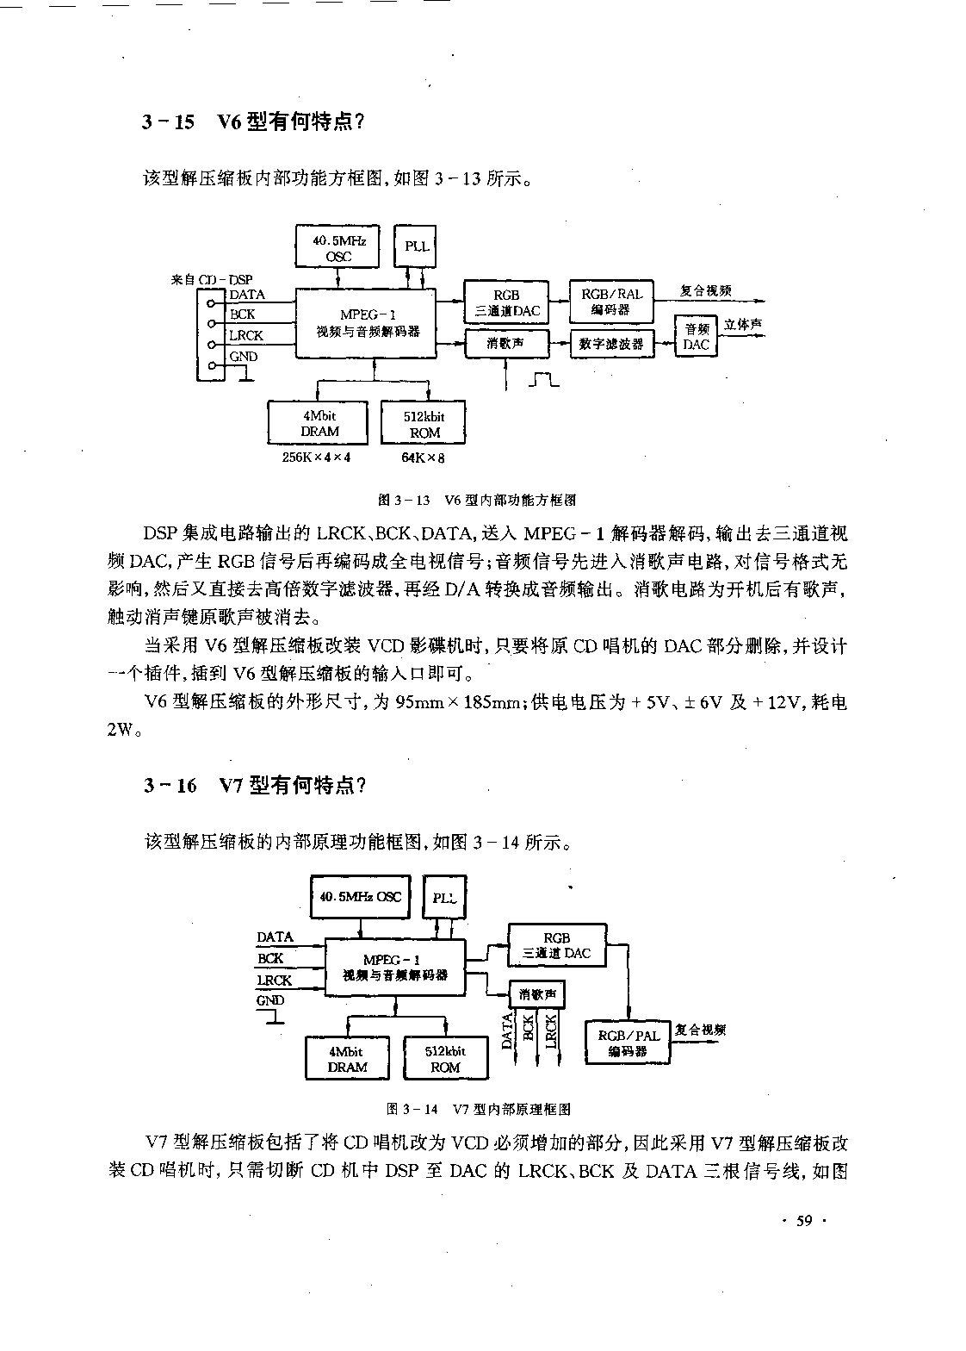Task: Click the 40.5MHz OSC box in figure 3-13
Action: point(337,246)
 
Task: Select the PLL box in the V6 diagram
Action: point(415,246)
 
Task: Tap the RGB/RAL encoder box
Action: point(611,302)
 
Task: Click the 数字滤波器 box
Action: point(612,344)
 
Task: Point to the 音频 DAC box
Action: point(696,336)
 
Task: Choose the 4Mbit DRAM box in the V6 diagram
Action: point(318,423)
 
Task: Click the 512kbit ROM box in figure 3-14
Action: point(445,1058)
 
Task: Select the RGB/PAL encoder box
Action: point(628,1043)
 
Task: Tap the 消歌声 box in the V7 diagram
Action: point(537,994)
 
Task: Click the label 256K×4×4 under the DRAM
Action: point(316,458)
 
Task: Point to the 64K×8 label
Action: point(423,458)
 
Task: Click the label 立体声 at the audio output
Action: point(742,325)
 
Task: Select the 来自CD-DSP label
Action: point(212,280)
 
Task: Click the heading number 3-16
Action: point(170,785)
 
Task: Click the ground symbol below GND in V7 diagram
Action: point(270,1018)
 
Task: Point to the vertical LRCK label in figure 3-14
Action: point(550,1031)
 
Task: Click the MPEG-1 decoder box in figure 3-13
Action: point(366,323)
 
